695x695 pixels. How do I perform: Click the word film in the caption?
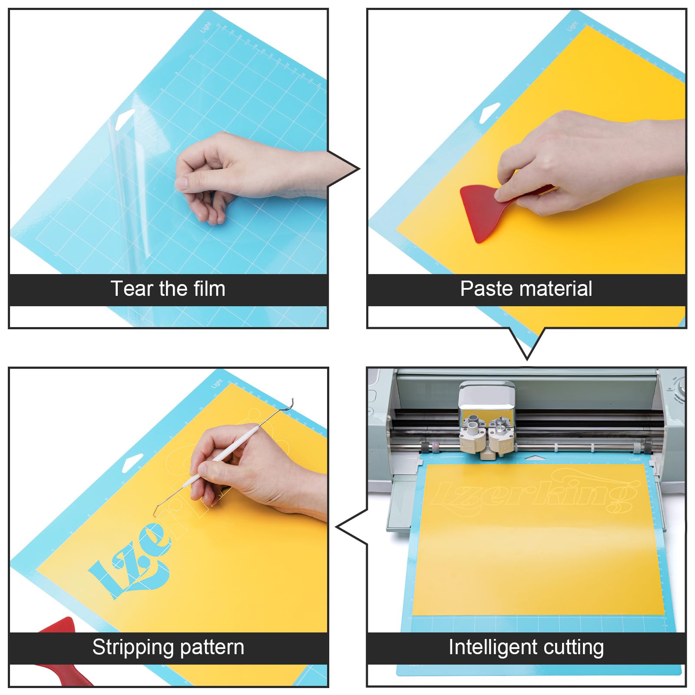(x=210, y=289)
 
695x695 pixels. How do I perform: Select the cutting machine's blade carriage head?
(x=487, y=417)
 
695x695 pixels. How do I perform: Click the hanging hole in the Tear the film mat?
(x=125, y=117)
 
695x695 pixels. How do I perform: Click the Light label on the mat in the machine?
(x=635, y=459)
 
